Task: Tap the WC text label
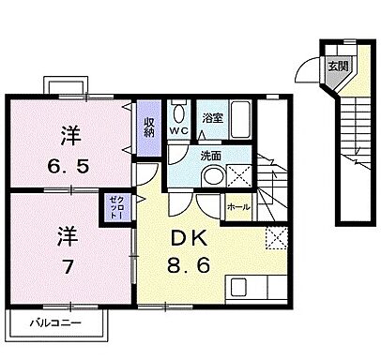tap(177, 131)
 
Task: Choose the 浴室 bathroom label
tap(212, 118)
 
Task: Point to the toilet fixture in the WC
tap(178, 112)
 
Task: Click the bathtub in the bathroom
tap(240, 119)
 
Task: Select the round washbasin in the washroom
tap(212, 175)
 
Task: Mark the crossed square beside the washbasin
tap(238, 174)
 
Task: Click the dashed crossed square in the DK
tap(276, 237)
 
